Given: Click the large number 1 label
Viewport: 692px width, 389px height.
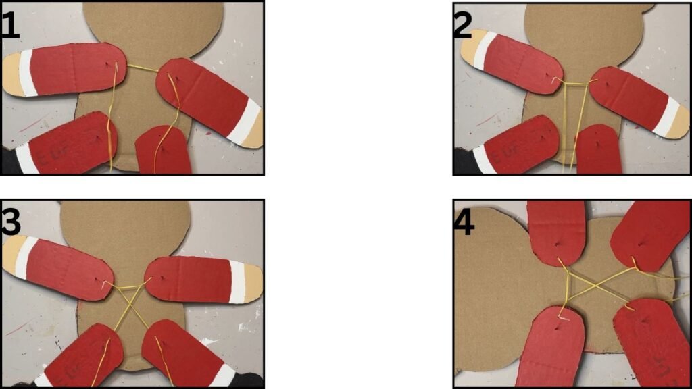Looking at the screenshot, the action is pos(11,26).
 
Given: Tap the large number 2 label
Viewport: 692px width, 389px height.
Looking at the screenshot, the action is pos(463,26).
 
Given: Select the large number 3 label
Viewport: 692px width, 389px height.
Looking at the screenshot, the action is pos(11,221).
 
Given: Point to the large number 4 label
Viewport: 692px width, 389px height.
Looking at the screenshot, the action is pos(464,222).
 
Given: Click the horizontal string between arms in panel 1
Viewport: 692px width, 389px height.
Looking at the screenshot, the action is pos(142,68).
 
